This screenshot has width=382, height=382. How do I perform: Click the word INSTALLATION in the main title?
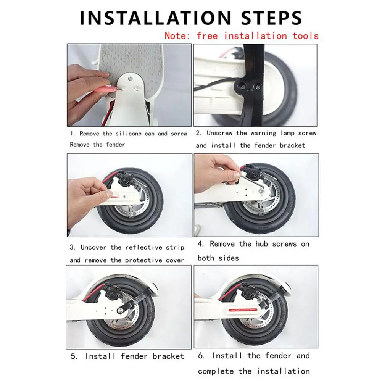click(x=155, y=18)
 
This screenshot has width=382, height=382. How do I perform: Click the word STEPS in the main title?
click(x=272, y=18)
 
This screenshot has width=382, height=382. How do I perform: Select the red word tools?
click(x=305, y=36)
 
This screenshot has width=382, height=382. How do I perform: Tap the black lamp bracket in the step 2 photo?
click(x=249, y=85)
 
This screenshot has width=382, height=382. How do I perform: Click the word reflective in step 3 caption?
click(x=143, y=247)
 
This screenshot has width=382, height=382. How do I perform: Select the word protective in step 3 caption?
click(x=143, y=260)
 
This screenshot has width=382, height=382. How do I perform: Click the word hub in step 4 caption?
click(x=261, y=244)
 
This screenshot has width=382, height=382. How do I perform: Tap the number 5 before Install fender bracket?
click(x=74, y=356)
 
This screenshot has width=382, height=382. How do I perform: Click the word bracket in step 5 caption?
click(x=168, y=356)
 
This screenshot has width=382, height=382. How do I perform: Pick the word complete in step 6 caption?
click(x=216, y=372)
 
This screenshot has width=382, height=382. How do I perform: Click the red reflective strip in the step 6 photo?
click(x=243, y=310)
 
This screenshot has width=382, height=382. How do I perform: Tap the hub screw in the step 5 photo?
click(x=120, y=310)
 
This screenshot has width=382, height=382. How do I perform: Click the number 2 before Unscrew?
click(x=198, y=133)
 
